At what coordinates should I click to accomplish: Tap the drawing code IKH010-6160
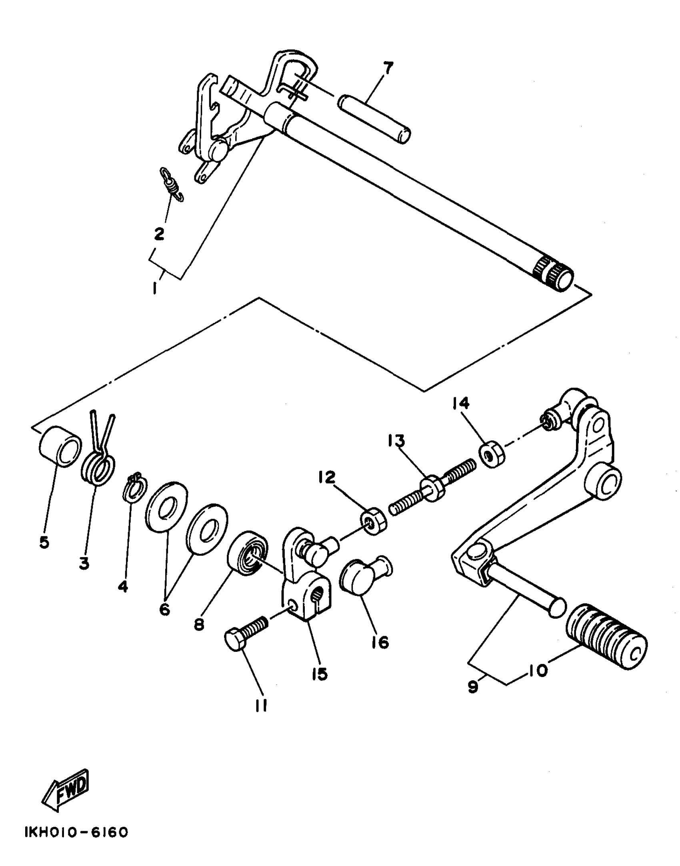click(x=76, y=832)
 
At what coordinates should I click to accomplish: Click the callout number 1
click(x=155, y=288)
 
